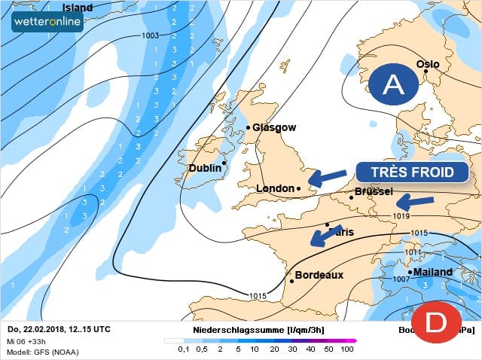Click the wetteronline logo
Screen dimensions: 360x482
click(47, 21)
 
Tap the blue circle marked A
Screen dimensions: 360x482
click(392, 85)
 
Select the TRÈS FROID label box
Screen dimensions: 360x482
click(411, 172)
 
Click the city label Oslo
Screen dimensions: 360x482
click(427, 64)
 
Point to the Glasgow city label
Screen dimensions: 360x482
click(274, 128)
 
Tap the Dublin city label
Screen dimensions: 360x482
click(205, 168)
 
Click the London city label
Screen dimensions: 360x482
click(276, 188)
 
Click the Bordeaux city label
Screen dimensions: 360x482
click(319, 275)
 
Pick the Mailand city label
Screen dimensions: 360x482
click(432, 272)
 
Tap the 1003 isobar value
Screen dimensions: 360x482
click(150, 35)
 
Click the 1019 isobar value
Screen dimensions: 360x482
click(401, 216)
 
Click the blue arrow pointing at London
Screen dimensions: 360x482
click(326, 178)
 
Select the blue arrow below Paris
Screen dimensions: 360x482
click(325, 236)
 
